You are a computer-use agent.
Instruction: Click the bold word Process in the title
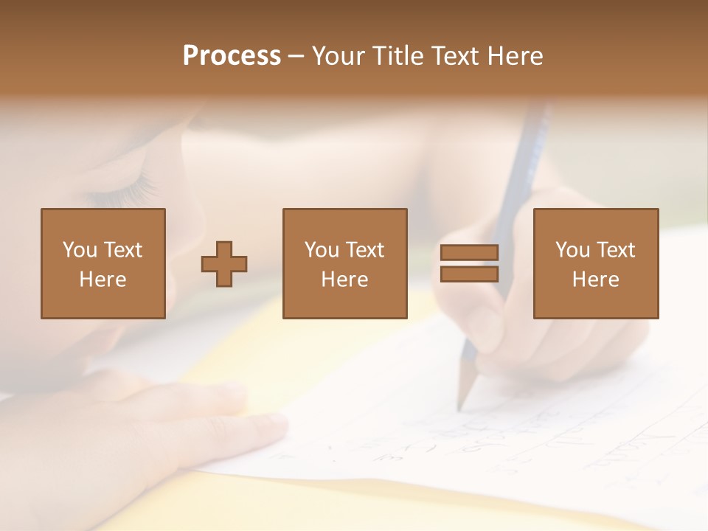click(232, 56)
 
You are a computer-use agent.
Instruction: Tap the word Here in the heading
click(514, 56)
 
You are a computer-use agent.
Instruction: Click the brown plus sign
click(224, 263)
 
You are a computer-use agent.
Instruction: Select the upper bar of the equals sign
click(469, 252)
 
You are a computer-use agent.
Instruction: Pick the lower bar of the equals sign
click(469, 274)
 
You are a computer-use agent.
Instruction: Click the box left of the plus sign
click(103, 263)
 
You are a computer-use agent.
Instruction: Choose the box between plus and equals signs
click(344, 263)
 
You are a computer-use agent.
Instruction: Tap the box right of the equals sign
click(595, 263)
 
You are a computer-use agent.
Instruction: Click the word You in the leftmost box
click(79, 250)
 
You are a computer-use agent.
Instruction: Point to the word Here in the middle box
click(344, 280)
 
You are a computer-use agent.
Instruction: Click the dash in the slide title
click(296, 56)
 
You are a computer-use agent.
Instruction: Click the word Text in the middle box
click(367, 250)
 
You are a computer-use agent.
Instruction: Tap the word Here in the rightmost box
click(595, 280)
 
